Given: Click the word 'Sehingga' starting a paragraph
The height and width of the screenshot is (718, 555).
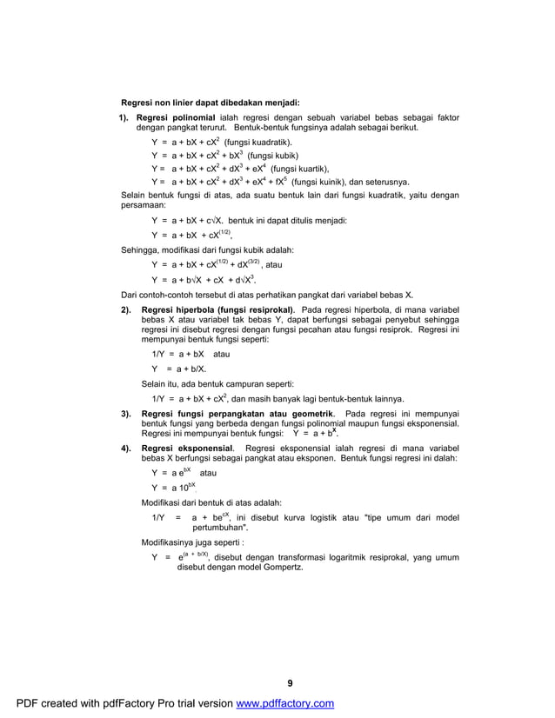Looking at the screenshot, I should [138, 250].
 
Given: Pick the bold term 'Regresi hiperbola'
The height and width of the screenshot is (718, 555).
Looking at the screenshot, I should [177, 309].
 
